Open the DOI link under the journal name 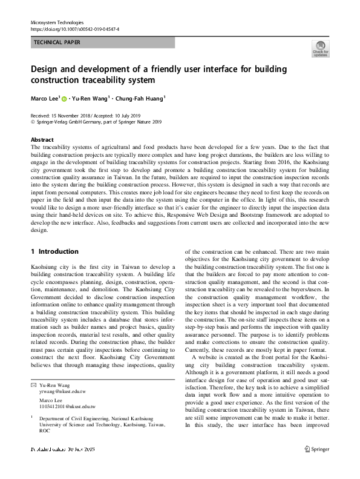pos(74,28)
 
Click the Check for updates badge pos(319,48)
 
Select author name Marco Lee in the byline pos(44,97)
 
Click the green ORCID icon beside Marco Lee pos(64,97)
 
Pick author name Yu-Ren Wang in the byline pos(90,97)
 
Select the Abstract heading pos(42,139)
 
